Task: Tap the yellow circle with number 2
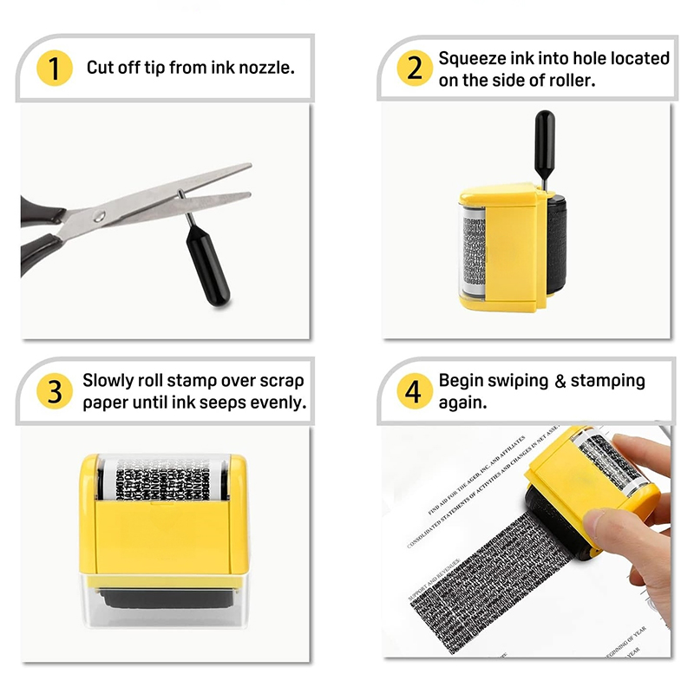415,68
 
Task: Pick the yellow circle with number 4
415,391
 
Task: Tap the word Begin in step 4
461,381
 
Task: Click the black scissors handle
39,234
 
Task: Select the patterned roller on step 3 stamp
164,477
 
